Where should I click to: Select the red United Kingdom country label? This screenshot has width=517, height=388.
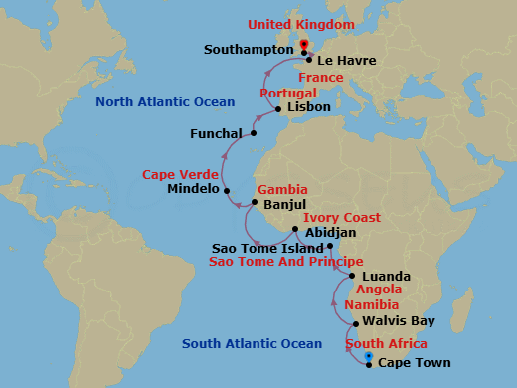pos(300,24)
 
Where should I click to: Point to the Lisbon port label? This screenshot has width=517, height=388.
pos(309,108)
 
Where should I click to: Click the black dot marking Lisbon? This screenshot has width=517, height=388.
pos(278,108)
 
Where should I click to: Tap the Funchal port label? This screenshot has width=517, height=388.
pos(216,133)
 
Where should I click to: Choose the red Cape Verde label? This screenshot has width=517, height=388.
pos(180,174)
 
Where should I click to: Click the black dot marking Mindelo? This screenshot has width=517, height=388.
pos(227,190)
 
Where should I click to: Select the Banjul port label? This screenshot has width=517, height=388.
pos(285,205)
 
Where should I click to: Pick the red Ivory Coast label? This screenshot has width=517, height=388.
pos(341,217)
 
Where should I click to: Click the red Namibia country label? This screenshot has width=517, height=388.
pos(371,305)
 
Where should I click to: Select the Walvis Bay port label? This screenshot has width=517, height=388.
pos(400,322)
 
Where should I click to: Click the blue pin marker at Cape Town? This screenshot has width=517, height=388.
pos(369,357)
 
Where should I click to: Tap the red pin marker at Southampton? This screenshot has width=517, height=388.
pos(303,45)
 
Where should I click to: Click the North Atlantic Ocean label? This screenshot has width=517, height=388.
pos(165,102)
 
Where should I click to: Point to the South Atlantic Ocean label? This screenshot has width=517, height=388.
pos(252,344)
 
